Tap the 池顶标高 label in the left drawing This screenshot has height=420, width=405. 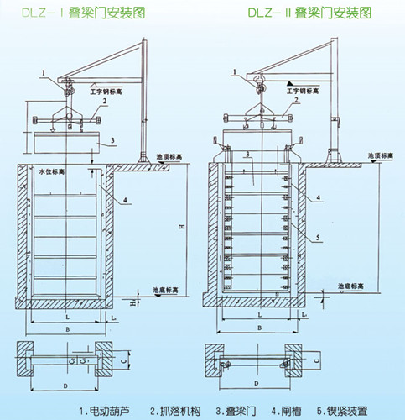pyautogui.click(x=169, y=157)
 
